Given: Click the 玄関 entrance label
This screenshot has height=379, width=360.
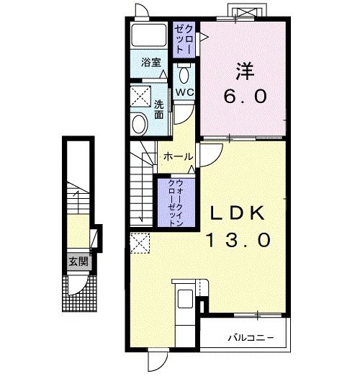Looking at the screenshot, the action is pos(78,262).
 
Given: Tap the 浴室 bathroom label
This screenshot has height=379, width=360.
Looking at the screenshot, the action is pos(151,63).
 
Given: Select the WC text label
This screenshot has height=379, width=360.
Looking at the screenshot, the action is pos(184,92).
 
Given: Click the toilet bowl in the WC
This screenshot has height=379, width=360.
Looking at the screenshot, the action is pos(184,74).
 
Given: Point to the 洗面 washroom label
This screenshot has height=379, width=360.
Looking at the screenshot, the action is pos(159,110).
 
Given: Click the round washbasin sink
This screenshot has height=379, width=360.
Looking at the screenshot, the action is pos(140,125).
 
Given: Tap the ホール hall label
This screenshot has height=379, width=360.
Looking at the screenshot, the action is pos(179,157).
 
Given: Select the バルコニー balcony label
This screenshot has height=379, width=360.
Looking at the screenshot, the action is pos(251,337).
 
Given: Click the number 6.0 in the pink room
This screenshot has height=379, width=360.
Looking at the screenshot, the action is pos(246,96).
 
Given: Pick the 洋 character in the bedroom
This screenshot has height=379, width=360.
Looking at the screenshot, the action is pos(245,71).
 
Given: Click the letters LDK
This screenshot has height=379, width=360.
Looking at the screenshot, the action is pos(238,213).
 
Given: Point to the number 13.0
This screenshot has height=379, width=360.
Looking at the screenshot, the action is pos(238,240).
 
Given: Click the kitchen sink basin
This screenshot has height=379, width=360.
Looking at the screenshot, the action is pos(185,299).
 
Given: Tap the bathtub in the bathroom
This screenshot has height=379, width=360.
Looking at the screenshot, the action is pos(149,35).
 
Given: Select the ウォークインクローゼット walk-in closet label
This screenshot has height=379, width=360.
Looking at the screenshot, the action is pos(176,202).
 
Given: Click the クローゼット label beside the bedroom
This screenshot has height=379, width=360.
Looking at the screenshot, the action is pos(184,40).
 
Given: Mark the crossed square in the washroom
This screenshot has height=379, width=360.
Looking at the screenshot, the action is pos(140,97).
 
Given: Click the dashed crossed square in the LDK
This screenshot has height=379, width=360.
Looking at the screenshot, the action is pos(140,243).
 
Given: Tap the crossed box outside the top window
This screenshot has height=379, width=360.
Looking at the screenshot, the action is pos(245,12).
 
